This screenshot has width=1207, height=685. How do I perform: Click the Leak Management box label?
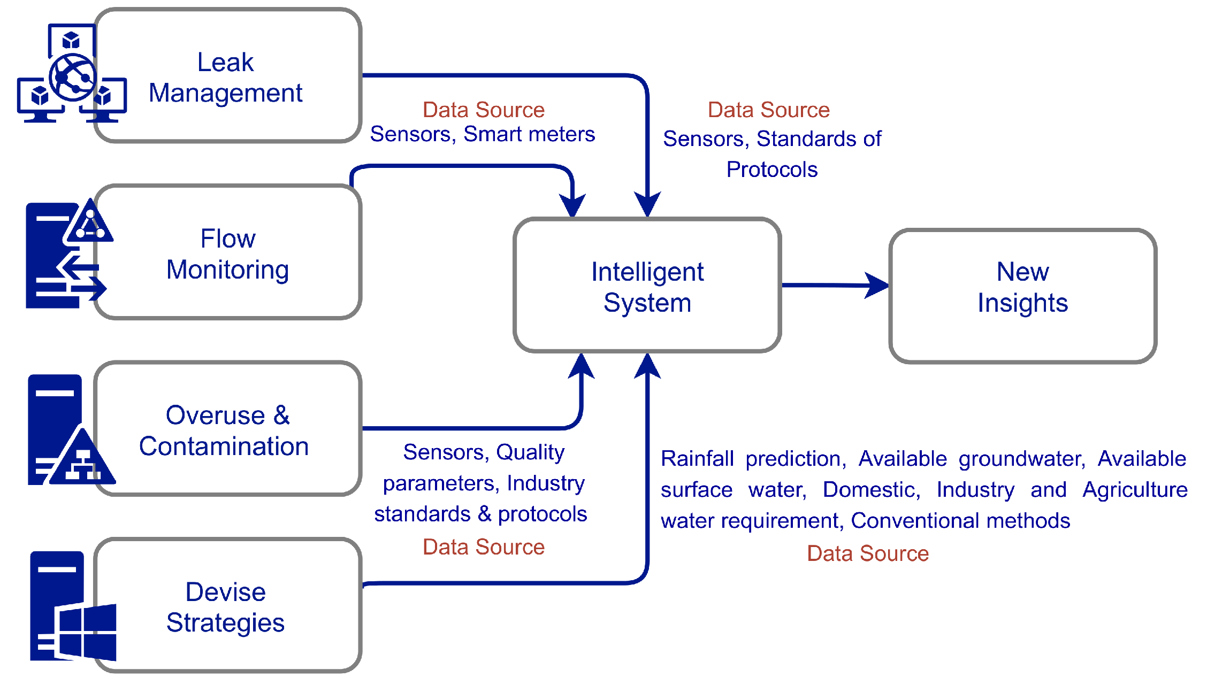(225, 78)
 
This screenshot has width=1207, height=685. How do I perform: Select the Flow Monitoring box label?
(227, 254)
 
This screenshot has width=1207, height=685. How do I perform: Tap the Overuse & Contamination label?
(225, 431)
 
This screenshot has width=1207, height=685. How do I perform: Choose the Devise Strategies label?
(225, 607)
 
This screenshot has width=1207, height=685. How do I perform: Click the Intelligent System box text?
(647, 287)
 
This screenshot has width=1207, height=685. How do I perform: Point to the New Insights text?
(1022, 287)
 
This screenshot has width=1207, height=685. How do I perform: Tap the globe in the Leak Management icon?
(73, 78)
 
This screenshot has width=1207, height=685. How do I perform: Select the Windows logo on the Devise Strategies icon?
(86, 632)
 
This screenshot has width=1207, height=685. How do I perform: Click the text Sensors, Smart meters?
(482, 134)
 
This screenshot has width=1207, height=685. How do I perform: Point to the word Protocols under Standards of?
(771, 170)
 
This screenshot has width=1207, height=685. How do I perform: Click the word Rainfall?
(697, 459)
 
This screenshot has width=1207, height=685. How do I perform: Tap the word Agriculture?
(1135, 490)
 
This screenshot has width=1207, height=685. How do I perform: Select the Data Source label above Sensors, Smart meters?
(483, 110)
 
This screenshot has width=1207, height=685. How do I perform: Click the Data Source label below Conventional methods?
(867, 553)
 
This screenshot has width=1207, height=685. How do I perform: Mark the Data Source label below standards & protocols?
(483, 547)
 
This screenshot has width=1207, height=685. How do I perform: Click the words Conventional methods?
(960, 521)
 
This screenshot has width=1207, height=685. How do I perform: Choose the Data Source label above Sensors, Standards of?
(768, 110)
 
